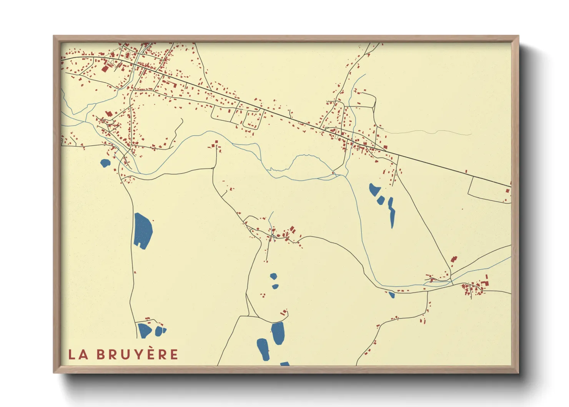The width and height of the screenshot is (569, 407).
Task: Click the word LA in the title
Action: click(78, 355)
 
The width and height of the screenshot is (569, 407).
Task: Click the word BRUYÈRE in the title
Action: click(137, 355)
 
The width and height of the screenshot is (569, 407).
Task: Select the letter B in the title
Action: click(101, 355)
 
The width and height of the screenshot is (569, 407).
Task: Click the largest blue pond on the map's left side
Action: click(143, 230)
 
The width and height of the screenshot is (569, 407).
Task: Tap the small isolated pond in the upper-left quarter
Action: click(105, 163)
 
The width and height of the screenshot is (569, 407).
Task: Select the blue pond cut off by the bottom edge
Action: click(285, 364)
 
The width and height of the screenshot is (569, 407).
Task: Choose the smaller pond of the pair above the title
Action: click(160, 330)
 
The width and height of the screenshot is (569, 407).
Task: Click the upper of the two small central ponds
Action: click(273, 276)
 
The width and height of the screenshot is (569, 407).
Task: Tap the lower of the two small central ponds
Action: click(275, 287)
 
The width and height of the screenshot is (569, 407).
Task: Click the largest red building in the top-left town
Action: click(105, 68)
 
